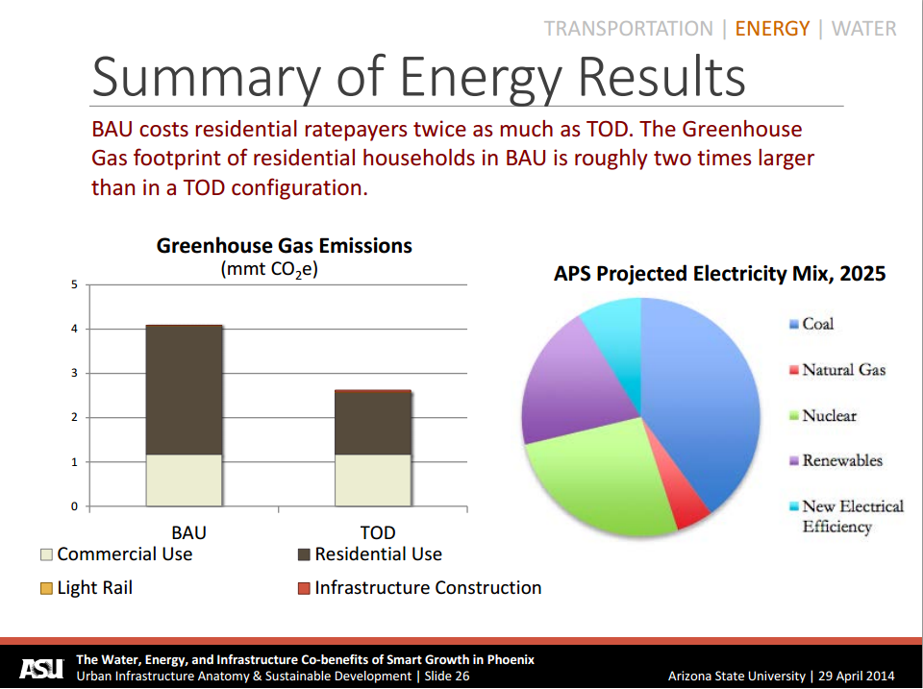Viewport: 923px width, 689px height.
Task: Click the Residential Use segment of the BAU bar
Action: point(184,390)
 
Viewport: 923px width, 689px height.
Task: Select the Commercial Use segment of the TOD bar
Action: point(372,480)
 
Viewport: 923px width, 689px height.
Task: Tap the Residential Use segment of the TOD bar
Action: point(372,424)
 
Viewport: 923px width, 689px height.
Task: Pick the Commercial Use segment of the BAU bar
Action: point(184,480)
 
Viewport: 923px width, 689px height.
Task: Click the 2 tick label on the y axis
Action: point(74,418)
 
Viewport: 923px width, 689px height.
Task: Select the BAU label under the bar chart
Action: point(188,533)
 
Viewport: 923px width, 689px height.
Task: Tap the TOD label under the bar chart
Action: point(378,533)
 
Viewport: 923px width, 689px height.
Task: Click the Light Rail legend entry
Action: point(87,588)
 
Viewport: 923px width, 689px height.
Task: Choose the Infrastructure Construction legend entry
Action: point(419,588)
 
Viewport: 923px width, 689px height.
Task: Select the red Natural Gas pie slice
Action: point(689,504)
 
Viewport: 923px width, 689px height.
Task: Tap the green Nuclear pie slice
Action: point(601,480)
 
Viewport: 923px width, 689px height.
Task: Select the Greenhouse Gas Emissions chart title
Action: point(284,246)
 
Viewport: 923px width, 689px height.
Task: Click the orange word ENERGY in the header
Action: point(772,28)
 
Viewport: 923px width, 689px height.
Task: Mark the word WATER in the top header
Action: point(863,28)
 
